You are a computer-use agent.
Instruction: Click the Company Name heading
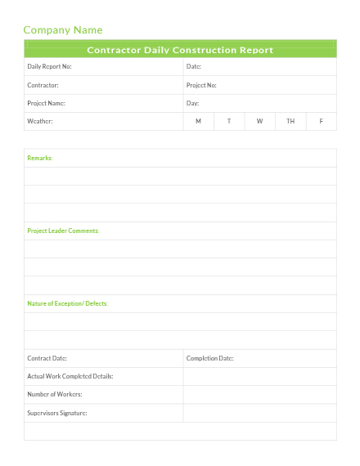click(x=63, y=30)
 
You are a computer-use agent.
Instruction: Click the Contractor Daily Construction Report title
click(x=180, y=50)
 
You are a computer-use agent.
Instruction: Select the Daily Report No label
click(x=49, y=67)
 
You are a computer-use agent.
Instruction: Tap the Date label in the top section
click(x=194, y=67)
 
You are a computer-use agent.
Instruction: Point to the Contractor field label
click(x=43, y=85)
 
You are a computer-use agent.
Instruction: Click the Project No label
click(x=201, y=85)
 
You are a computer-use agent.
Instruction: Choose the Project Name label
click(x=46, y=103)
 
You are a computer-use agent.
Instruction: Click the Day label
click(x=193, y=103)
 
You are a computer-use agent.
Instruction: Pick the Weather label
click(x=40, y=121)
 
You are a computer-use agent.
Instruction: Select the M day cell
click(x=198, y=121)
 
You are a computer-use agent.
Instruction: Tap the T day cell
click(x=229, y=121)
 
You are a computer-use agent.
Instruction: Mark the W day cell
click(x=259, y=121)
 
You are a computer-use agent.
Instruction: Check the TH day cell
click(x=290, y=121)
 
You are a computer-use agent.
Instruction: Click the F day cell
click(x=321, y=121)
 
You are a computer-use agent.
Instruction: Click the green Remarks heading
click(x=39, y=158)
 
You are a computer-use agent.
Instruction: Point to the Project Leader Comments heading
click(x=62, y=231)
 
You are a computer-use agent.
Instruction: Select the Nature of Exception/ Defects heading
click(x=67, y=303)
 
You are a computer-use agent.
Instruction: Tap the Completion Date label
click(x=210, y=358)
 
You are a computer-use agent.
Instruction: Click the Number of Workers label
click(x=55, y=394)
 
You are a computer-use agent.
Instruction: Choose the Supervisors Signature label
click(x=57, y=413)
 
